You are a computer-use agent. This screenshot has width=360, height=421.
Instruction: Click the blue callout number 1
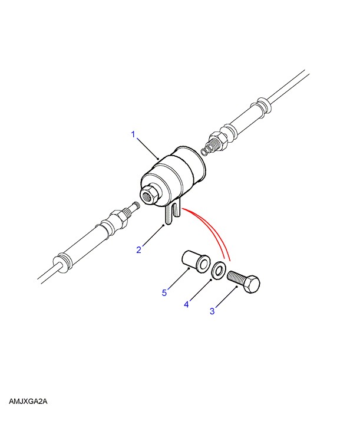coord(133,134)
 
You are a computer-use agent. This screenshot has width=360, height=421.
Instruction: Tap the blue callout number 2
coord(138,250)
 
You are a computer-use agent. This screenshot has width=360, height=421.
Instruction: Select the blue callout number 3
coord(212,311)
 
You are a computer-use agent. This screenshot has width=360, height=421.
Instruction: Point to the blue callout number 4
coord(186,304)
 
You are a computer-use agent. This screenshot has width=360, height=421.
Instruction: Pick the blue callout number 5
coord(164,292)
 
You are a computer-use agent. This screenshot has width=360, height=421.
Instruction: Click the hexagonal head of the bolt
coord(252,284)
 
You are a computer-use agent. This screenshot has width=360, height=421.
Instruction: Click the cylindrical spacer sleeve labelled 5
coord(196,262)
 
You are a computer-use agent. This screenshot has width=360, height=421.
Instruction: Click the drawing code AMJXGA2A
coord(28,402)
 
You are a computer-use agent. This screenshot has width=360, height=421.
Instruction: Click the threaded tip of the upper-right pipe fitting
coord(207,149)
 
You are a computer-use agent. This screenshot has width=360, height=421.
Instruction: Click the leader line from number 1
coord(148,149)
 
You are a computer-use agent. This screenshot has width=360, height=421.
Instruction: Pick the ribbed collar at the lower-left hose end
coord(62,262)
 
